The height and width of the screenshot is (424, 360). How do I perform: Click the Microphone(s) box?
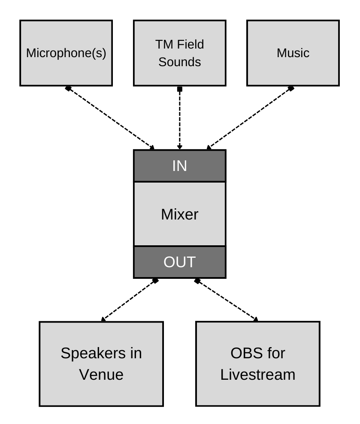66,53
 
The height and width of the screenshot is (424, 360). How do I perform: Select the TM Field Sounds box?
179,53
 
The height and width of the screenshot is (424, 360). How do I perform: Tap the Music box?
293,53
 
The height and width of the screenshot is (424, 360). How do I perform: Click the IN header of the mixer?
179,166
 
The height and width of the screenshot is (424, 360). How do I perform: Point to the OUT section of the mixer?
179,262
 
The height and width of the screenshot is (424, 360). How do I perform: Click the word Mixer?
179,214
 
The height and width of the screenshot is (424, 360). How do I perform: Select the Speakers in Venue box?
101,363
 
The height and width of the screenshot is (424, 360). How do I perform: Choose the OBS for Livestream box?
257,363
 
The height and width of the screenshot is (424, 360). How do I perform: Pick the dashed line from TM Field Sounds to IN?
180,119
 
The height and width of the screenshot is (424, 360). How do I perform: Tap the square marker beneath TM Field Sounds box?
180,89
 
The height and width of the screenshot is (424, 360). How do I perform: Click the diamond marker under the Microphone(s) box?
68,88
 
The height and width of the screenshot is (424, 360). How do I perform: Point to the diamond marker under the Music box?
291,88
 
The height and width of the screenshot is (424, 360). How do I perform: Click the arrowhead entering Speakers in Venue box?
103,319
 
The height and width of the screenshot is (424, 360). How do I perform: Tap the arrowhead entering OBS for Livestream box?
256,319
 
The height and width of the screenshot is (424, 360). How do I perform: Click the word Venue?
101,374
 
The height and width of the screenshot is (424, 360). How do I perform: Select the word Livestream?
257,374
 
